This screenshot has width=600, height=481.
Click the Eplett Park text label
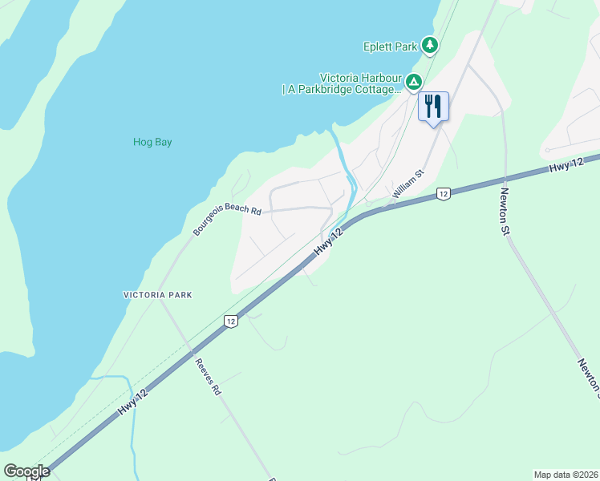pyautogui.click(x=390, y=46)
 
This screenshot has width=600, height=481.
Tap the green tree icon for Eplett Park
pyautogui.click(x=431, y=46)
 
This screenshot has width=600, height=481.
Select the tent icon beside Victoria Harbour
pyautogui.click(x=414, y=82)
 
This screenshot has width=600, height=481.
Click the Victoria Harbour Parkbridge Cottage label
pyautogui.click(x=342, y=83)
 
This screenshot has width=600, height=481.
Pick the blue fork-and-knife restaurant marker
pyautogui.click(x=434, y=106)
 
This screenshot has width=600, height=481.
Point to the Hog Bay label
pyautogui.click(x=152, y=143)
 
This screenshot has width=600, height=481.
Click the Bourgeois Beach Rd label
pyautogui.click(x=227, y=219)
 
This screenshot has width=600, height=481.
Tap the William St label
pyautogui.click(x=407, y=185)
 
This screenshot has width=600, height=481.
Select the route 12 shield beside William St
pyautogui.click(x=442, y=193)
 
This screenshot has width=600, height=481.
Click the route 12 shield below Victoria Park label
pyautogui.click(x=230, y=321)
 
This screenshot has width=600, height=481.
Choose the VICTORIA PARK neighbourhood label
pyautogui.click(x=158, y=295)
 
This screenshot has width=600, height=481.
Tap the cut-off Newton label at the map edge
pyautogui.click(x=588, y=376)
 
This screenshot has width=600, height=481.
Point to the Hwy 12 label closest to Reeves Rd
pyautogui.click(x=132, y=398)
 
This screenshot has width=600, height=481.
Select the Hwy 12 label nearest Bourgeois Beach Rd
pyautogui.click(x=328, y=242)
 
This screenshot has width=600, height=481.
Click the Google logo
pyautogui.click(x=26, y=471)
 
